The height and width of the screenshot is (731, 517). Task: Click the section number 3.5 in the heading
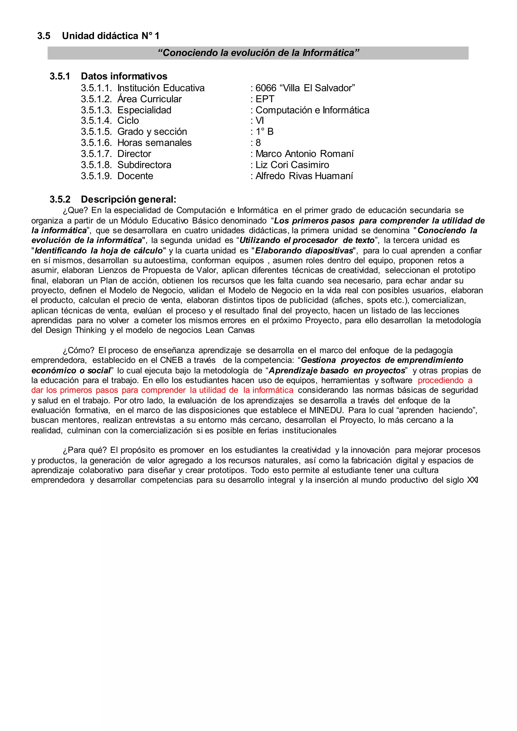click(x=44, y=36)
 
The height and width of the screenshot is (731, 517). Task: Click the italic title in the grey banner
click(x=258, y=53)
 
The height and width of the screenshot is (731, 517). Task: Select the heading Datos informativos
click(x=124, y=76)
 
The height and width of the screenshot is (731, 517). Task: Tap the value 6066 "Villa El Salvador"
click(x=305, y=88)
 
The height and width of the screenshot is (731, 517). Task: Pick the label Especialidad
click(x=144, y=110)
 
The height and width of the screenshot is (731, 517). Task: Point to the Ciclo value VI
click(x=260, y=121)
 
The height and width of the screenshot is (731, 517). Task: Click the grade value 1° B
click(x=264, y=132)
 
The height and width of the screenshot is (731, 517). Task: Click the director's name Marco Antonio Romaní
click(x=304, y=154)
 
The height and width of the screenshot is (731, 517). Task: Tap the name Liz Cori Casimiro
click(x=292, y=165)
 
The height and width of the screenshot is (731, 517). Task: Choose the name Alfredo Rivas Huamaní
click(x=304, y=176)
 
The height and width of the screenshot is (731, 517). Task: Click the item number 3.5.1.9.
click(x=96, y=176)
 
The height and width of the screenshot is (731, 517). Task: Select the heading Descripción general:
click(x=128, y=200)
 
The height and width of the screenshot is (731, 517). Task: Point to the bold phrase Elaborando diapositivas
click(x=304, y=251)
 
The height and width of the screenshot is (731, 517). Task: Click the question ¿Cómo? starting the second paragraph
click(x=78, y=351)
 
